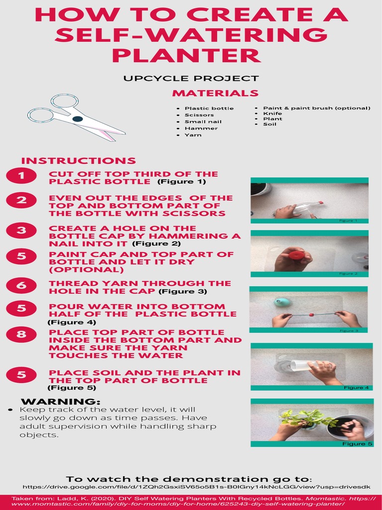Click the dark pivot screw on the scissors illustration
[77, 119]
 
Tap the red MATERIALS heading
[215, 93]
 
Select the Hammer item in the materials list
[201, 128]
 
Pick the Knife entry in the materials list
[272, 114]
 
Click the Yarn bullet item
[193, 135]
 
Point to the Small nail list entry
[203, 122]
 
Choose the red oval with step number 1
[21, 175]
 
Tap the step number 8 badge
[21, 334]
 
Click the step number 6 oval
[21, 285]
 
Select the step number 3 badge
[21, 230]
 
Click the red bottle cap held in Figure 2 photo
[297, 255]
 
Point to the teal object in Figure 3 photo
[282, 302]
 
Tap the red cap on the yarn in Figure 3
[312, 315]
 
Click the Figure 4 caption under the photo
[356, 387]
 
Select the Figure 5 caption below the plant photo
[356, 444]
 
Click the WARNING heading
[61, 401]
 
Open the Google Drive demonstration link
[196, 486]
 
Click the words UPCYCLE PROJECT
[191, 78]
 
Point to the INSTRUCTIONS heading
[78, 161]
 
